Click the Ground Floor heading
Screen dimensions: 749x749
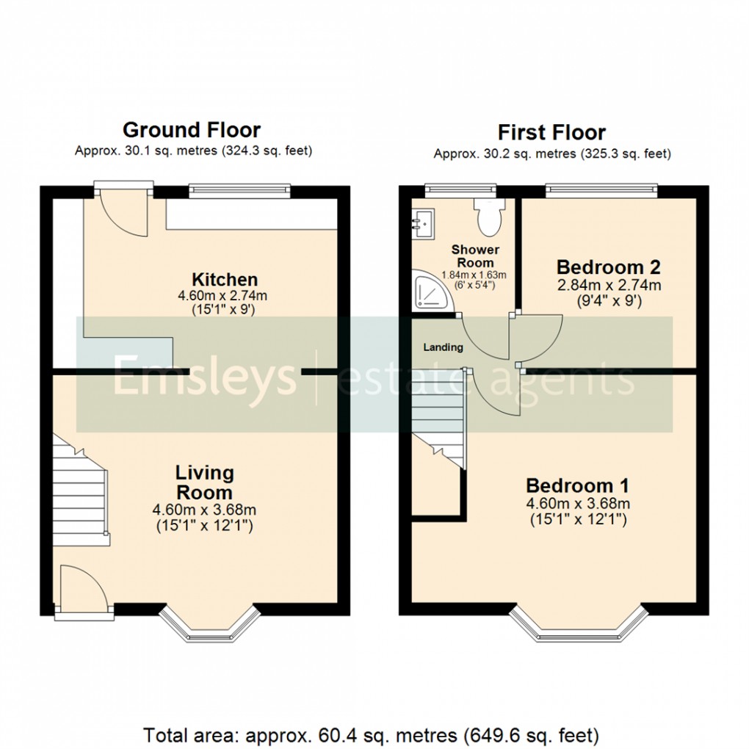191,130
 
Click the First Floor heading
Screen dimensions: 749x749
551,132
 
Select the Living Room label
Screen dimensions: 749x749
204,482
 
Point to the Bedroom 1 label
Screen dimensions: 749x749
577,485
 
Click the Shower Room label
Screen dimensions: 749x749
475,256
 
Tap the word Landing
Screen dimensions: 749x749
443,347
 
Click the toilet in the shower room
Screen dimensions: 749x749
488,212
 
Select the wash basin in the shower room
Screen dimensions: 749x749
424,220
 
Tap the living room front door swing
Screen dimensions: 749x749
84,587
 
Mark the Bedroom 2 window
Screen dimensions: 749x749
601,191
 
